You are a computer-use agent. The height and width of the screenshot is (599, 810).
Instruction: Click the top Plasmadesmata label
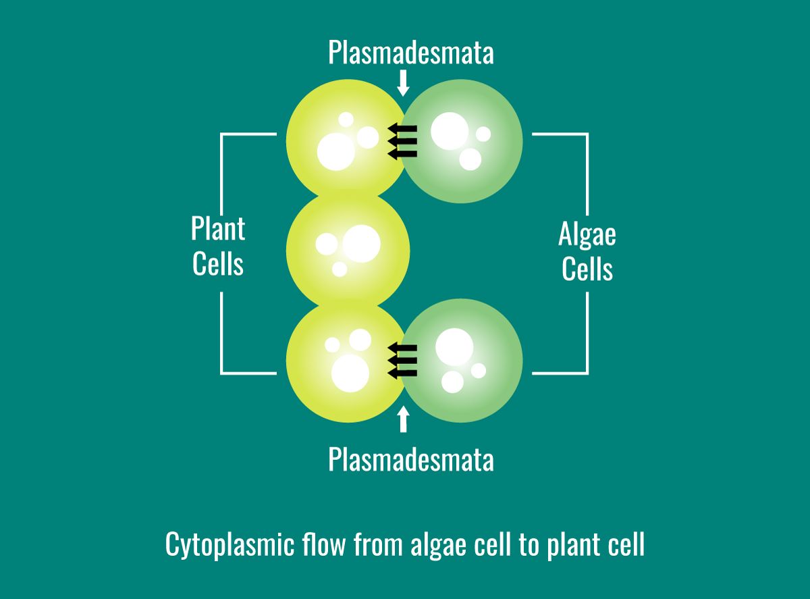(x=410, y=53)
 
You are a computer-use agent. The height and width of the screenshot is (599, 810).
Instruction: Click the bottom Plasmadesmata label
(x=410, y=460)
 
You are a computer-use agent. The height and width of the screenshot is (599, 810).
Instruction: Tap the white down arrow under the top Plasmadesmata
(x=404, y=83)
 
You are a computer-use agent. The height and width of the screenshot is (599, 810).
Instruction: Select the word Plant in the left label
(x=218, y=230)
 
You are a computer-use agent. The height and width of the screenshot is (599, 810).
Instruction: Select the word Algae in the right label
(x=587, y=235)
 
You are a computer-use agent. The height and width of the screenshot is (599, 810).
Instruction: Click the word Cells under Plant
(x=218, y=264)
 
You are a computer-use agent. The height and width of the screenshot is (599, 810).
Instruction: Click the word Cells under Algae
(x=587, y=269)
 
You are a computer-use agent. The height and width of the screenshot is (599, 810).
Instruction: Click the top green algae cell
(x=466, y=142)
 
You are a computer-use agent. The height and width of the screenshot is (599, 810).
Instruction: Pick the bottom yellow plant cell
(x=341, y=365)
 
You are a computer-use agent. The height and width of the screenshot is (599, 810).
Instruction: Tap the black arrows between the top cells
(x=402, y=141)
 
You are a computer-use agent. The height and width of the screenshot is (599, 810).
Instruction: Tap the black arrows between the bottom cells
(x=402, y=361)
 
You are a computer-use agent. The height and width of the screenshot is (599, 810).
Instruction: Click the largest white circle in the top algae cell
(x=450, y=131)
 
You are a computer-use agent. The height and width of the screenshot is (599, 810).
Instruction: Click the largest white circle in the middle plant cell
(x=362, y=243)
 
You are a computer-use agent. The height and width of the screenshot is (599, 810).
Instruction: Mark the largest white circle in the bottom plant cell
(x=350, y=371)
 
